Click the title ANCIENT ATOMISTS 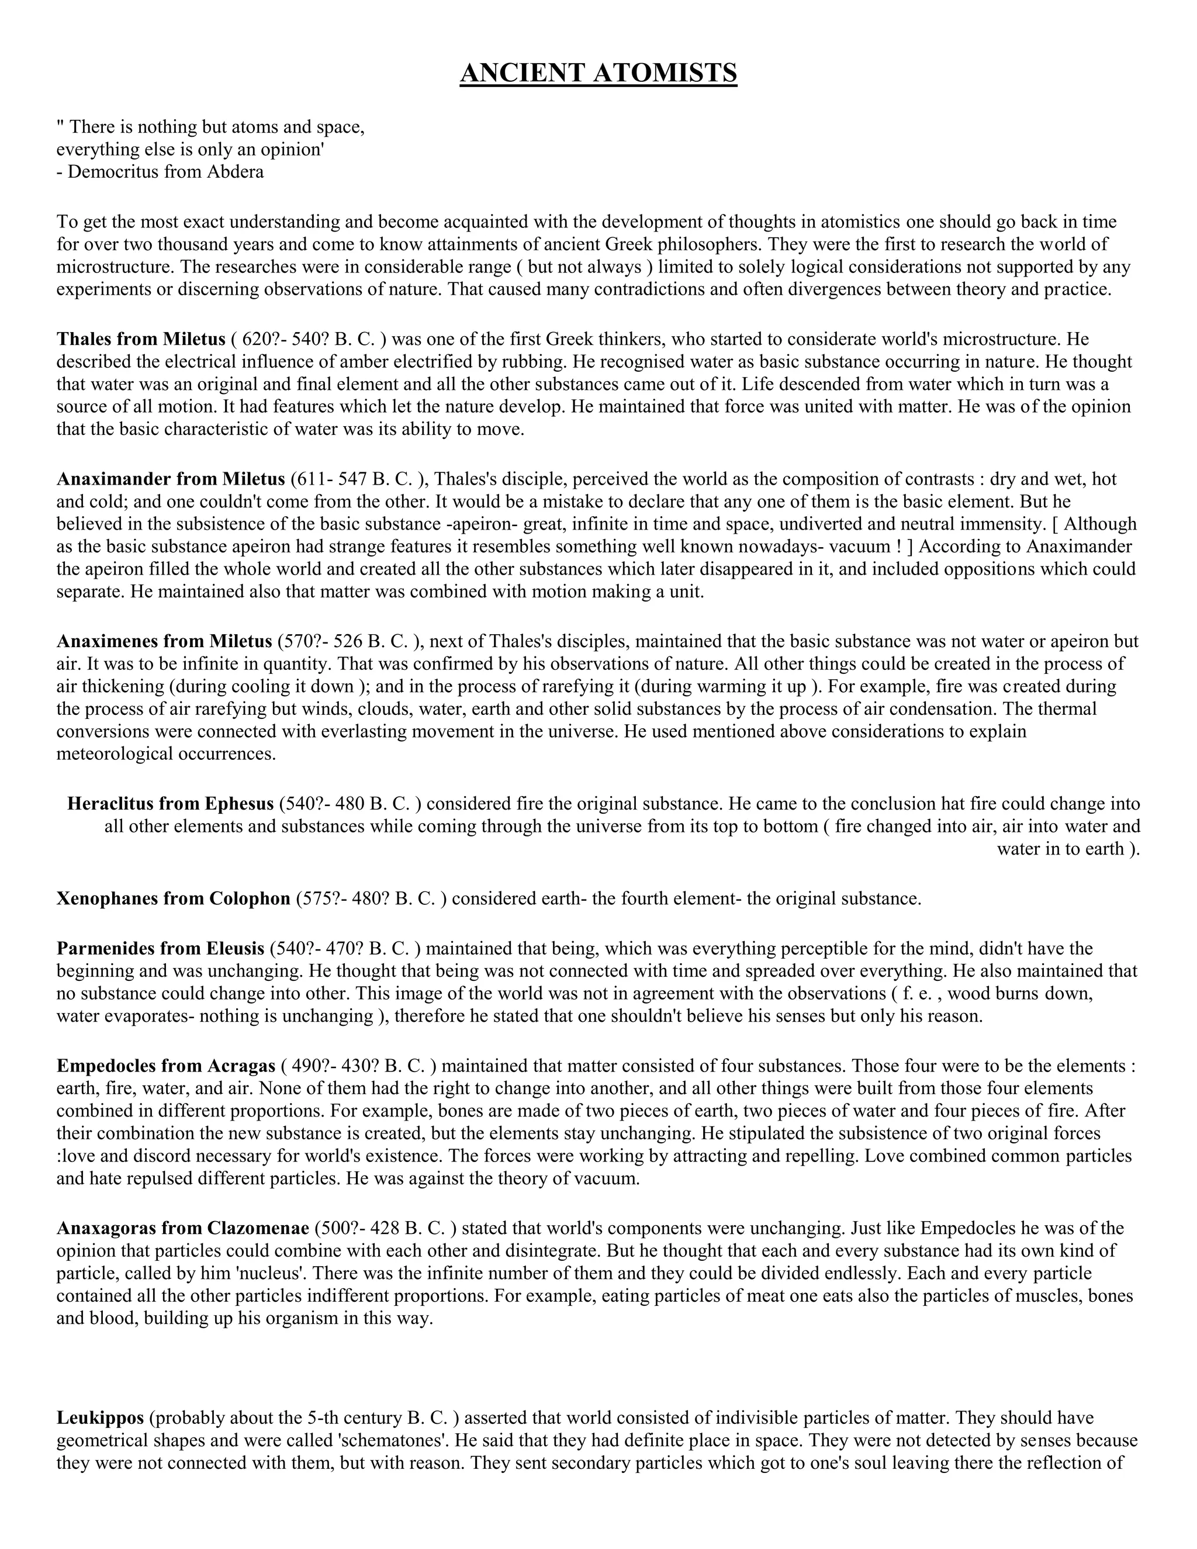(598, 73)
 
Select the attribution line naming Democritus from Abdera (160, 172)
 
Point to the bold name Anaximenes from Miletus (164, 641)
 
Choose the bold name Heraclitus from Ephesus (170, 804)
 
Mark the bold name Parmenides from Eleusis (160, 948)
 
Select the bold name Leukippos (100, 1418)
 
